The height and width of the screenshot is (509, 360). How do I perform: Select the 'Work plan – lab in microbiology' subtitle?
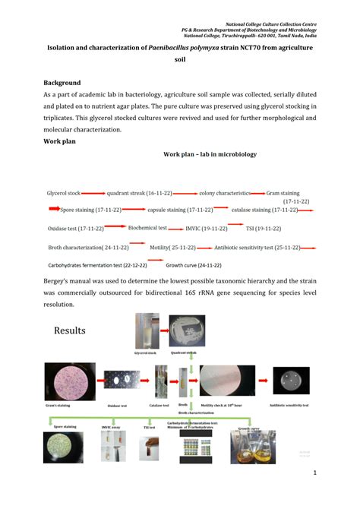click(x=210, y=154)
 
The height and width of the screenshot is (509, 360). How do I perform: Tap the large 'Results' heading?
click(x=70, y=330)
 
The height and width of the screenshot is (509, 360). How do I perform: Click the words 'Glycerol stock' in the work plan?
click(x=63, y=194)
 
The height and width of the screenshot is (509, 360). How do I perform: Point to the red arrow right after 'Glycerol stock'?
click(x=93, y=194)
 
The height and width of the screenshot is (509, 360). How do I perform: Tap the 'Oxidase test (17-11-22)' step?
click(x=75, y=228)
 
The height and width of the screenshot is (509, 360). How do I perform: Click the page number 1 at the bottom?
click(x=314, y=473)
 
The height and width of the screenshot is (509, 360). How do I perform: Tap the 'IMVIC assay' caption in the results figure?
click(x=112, y=427)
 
